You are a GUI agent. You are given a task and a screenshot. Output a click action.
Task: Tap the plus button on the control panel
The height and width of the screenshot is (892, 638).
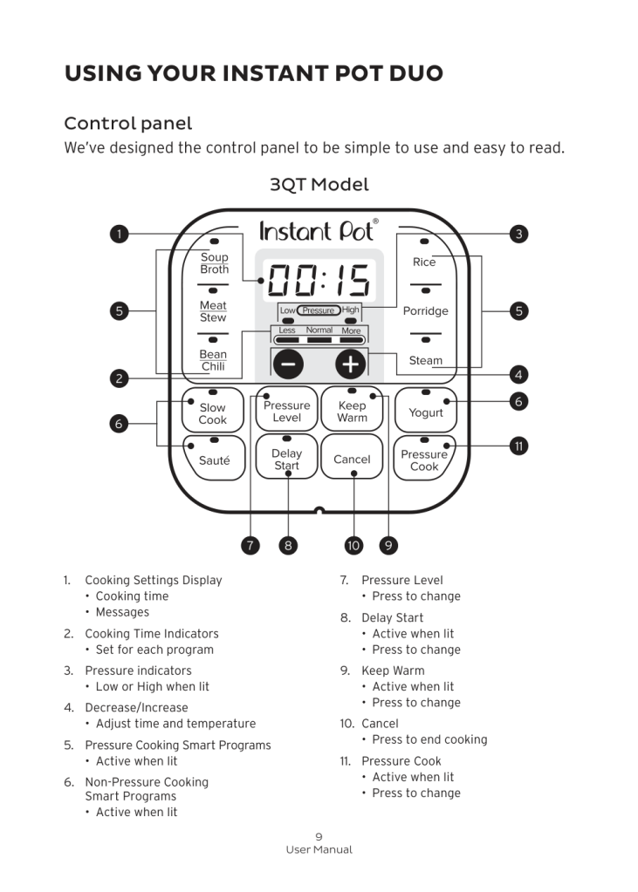click(350, 363)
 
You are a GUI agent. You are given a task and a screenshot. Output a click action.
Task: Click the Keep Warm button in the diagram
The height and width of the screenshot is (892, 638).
click(352, 411)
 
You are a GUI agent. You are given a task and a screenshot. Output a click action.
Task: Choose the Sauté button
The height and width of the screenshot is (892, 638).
click(214, 460)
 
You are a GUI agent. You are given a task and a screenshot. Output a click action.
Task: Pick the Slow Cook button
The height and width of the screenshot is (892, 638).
click(212, 412)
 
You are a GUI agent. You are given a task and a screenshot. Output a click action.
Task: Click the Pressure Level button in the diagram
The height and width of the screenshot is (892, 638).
click(286, 411)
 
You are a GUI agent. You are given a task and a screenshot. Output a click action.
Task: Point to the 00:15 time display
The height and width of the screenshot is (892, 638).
click(319, 281)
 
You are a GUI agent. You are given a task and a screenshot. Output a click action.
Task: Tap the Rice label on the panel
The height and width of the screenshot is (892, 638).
click(424, 262)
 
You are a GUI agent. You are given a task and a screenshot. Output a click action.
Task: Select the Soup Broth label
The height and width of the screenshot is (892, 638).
click(214, 262)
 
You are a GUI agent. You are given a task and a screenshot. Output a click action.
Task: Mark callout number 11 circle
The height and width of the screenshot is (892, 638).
click(518, 446)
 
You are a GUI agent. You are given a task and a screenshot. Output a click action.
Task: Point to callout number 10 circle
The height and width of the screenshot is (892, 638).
click(353, 546)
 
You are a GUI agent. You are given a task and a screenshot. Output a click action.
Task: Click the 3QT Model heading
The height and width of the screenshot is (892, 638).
click(319, 185)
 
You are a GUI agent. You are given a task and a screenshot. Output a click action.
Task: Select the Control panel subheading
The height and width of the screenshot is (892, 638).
click(128, 123)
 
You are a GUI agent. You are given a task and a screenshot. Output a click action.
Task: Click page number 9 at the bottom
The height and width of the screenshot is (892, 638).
click(319, 836)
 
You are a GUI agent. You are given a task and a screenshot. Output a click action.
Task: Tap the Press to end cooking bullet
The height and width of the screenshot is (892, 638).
click(429, 739)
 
